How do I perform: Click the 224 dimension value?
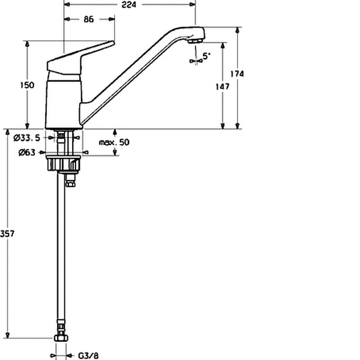click(128, 5)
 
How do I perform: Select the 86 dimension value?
click(89, 19)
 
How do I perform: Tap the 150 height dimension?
click(27, 85)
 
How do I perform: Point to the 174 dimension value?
click(237, 74)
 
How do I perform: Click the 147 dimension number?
click(223, 86)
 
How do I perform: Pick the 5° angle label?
click(206, 56)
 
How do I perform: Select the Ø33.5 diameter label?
click(27, 138)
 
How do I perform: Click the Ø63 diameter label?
click(27, 152)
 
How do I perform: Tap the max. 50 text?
click(114, 142)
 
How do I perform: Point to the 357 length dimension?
click(7, 233)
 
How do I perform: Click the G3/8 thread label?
click(88, 356)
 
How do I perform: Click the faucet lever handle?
click(80, 58)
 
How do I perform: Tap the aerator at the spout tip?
click(195, 41)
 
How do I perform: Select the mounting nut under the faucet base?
click(64, 163)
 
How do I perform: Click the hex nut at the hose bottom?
click(61, 338)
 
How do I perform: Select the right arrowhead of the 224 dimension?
click(193, 4)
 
